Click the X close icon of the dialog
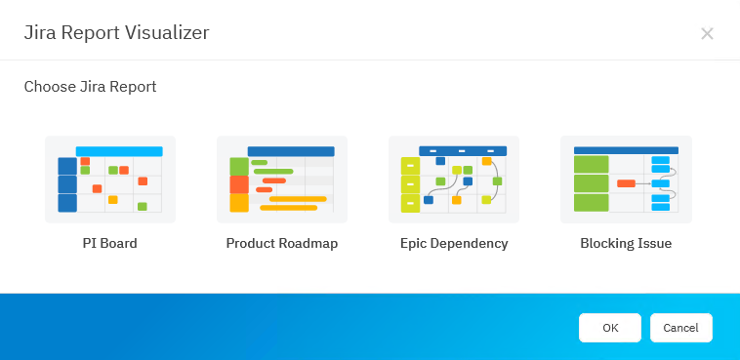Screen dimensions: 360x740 707,34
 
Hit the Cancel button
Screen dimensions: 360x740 680,328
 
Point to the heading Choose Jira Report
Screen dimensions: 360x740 90,87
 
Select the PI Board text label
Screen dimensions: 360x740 109,243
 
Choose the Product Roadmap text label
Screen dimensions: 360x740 281,243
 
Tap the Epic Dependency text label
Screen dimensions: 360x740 454,243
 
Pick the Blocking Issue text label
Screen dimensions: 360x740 626,243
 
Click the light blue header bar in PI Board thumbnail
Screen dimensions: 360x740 119,151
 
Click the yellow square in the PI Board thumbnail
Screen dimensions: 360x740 112,199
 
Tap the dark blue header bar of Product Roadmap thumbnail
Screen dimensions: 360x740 291,151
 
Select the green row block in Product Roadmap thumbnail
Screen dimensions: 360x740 239,166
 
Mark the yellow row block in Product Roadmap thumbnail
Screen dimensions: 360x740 239,203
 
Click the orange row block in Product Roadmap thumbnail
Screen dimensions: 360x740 239,184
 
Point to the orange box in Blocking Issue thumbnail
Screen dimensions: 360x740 626,183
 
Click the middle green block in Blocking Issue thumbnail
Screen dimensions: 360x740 591,183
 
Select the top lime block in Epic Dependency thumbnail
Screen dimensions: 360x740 410,167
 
